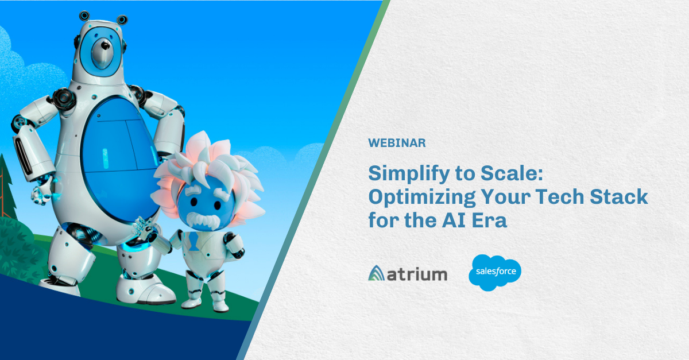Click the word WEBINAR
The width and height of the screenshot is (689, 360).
click(x=397, y=143)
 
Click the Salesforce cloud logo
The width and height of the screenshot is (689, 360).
click(x=495, y=273)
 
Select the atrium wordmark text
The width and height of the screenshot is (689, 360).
click(x=417, y=274)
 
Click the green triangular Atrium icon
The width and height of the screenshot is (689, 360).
click(x=376, y=273)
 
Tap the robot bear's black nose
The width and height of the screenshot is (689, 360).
click(x=105, y=46)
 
